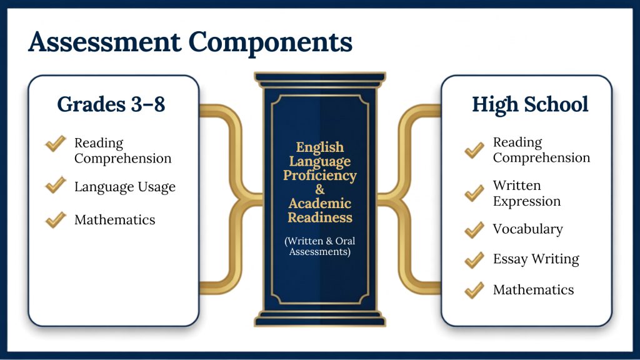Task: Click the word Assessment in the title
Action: (104, 42)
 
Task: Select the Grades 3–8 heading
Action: (111, 104)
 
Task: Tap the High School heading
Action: (530, 104)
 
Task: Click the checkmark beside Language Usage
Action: (56, 184)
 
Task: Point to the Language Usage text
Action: (125, 187)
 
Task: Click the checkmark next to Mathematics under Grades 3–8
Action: (56, 219)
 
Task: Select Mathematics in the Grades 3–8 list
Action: (115, 219)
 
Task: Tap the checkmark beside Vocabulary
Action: (474, 230)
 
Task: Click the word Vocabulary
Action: (527, 229)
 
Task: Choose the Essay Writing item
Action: (536, 259)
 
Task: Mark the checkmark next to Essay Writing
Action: (474, 260)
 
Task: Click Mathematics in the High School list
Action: (534, 290)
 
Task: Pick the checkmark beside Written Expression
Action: (474, 193)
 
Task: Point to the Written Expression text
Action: (527, 193)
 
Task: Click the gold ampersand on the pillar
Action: (320, 189)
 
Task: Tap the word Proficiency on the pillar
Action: (320, 176)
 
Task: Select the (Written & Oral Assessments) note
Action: (320, 246)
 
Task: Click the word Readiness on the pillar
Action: (320, 217)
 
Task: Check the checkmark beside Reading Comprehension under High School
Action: (474, 150)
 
